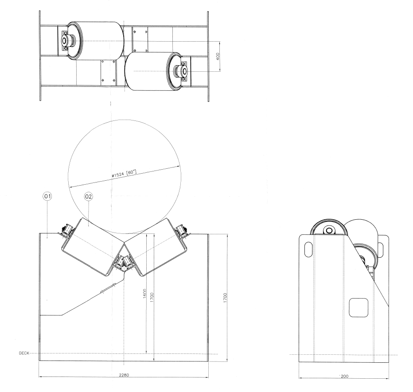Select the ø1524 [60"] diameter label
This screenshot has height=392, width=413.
124,172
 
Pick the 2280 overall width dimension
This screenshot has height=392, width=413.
124,375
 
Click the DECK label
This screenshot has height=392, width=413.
24,353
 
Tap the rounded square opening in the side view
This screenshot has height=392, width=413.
359,307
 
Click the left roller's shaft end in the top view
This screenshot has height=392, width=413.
66,41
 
